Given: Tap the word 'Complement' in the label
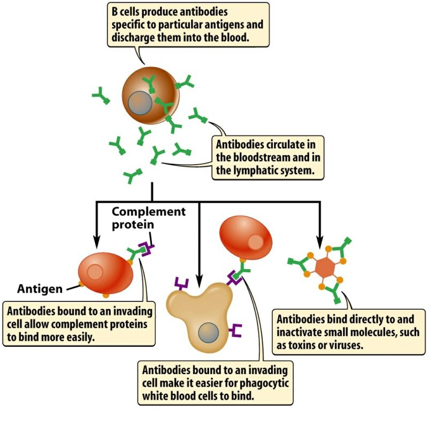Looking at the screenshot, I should pyautogui.click(x=148, y=211).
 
